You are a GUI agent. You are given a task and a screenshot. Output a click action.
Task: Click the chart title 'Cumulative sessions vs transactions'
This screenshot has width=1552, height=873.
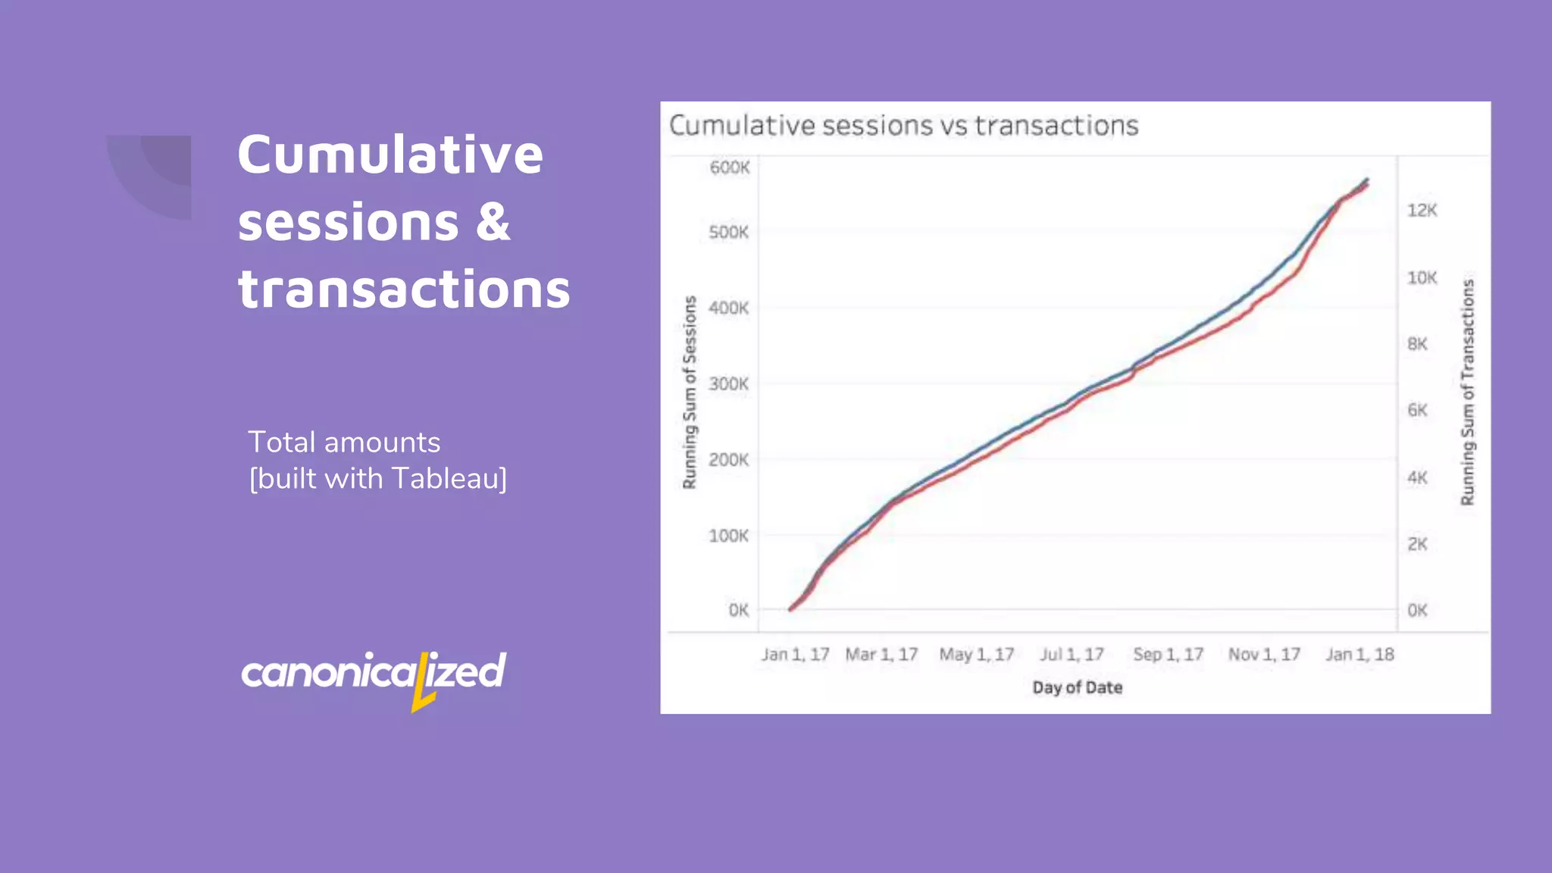903,126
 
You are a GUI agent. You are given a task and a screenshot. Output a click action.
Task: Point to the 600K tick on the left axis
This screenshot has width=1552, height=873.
729,167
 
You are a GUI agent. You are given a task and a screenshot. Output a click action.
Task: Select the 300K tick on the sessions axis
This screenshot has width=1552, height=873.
728,384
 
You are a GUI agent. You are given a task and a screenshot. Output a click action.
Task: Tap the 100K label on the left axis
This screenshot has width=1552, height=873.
728,536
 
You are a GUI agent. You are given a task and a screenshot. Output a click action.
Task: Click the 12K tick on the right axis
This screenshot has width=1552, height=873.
1422,211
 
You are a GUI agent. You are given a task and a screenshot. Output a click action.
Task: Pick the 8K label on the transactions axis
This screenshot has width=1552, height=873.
1417,344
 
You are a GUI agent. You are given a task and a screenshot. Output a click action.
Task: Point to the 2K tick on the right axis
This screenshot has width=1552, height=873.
1417,544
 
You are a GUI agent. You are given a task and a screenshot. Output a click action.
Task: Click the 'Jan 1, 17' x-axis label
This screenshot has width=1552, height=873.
795,655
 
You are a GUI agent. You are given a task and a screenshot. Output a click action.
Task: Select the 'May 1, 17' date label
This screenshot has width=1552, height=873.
976,655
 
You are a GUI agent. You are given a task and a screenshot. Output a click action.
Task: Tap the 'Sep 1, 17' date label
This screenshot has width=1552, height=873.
1168,655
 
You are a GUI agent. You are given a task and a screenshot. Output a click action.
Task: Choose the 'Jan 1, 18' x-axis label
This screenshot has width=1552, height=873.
1360,655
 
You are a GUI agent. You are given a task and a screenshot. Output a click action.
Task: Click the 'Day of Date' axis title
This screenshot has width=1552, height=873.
1077,688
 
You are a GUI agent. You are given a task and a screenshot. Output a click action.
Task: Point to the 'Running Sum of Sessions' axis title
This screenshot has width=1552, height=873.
690,393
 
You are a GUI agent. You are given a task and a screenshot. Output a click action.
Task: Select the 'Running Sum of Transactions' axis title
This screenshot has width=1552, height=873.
1468,393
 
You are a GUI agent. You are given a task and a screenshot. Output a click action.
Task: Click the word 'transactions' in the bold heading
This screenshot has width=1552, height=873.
404,289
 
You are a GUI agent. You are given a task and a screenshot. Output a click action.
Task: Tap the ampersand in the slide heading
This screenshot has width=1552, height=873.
493,222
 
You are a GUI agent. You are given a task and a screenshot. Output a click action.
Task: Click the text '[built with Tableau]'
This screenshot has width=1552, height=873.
378,479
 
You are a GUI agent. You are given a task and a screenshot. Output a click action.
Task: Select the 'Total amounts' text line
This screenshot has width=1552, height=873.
344,443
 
